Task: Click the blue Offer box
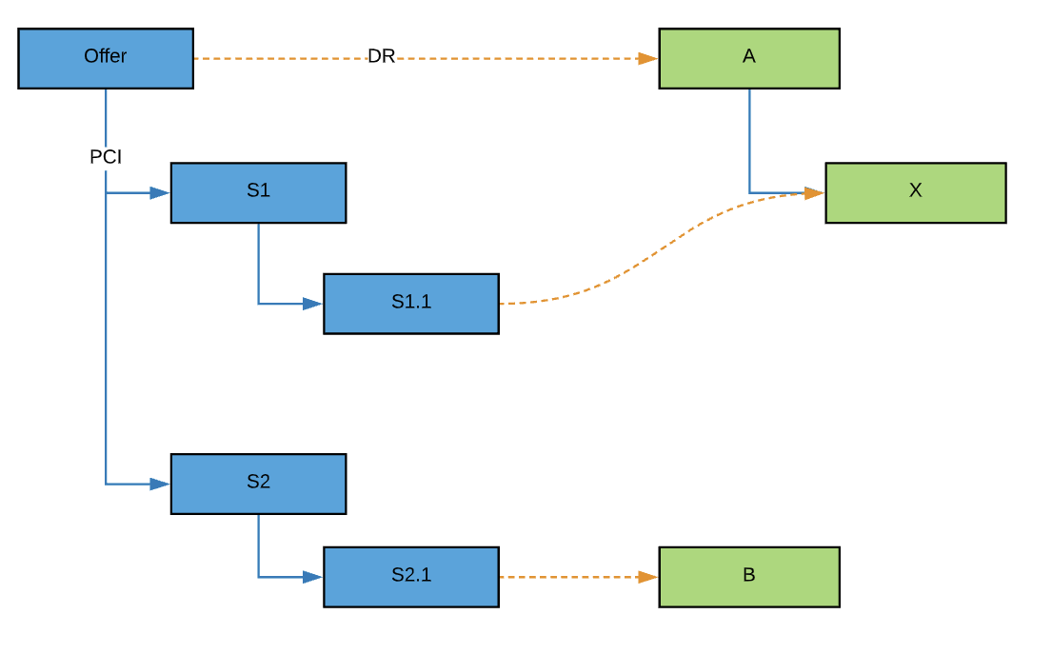tap(106, 58)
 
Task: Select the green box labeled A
tap(748, 58)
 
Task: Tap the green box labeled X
tap(915, 192)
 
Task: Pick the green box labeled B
tap(748, 576)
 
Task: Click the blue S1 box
tap(258, 192)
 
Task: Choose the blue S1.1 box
tap(410, 304)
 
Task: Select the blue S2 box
tap(258, 484)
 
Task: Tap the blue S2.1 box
tap(410, 576)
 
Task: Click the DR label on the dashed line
tap(381, 57)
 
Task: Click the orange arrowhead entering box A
tap(647, 58)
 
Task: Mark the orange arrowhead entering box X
tap(814, 193)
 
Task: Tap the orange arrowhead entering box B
tap(647, 576)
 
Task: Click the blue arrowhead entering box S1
tap(159, 192)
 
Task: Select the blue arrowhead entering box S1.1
tap(312, 304)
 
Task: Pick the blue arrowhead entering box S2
tap(159, 484)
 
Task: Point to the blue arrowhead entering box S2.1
tap(312, 576)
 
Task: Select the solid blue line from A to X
tap(749, 143)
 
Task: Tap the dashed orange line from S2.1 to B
tap(571, 576)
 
